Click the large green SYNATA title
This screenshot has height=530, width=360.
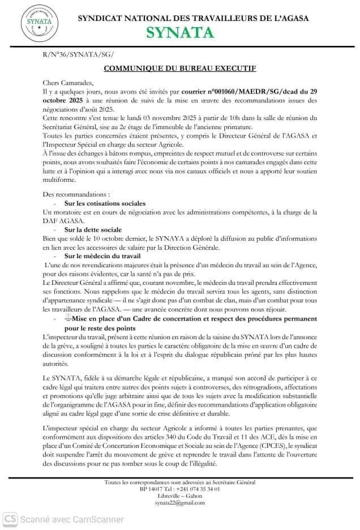click(x=181, y=33)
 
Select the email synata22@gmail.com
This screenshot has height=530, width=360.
click(x=180, y=502)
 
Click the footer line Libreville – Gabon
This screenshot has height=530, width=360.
click(x=180, y=495)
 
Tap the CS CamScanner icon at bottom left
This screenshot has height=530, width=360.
click(x=10, y=518)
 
